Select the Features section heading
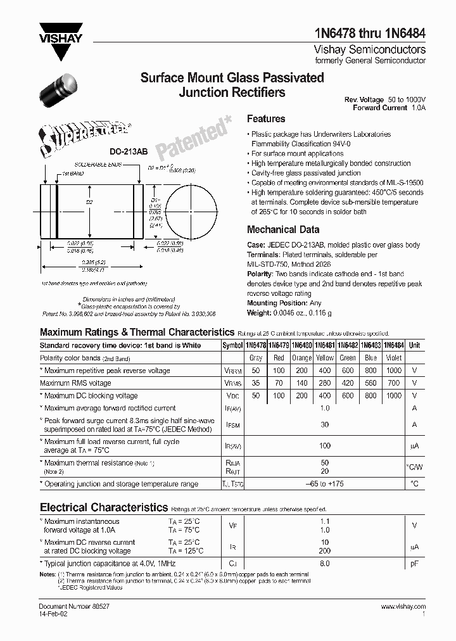click(x=266, y=118)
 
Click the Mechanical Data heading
click(x=282, y=229)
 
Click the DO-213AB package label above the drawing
click(x=129, y=152)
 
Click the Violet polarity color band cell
click(x=394, y=359)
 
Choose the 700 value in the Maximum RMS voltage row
click(x=394, y=383)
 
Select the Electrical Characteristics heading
click(x=104, y=507)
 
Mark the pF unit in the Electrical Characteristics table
click(x=414, y=562)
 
